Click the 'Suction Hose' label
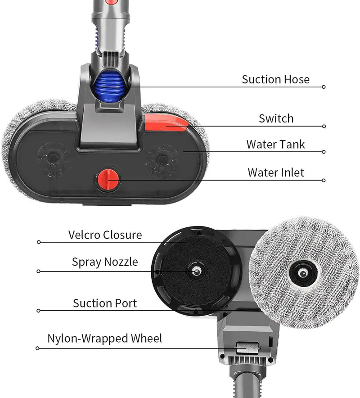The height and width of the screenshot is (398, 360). click(275, 80)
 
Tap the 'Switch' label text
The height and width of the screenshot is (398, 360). click(276, 119)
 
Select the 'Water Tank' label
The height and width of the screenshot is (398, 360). click(275, 145)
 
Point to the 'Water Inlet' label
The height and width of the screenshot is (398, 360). click(276, 172)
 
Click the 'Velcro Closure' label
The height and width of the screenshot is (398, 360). click(105, 235)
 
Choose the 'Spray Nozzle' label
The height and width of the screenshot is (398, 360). click(105, 262)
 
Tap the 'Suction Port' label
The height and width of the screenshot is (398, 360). click(105, 303)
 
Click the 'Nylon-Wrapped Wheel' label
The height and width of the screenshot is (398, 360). click(105, 339)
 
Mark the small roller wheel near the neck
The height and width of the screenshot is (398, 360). click(245, 348)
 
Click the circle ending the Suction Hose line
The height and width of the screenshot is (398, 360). click(324, 87)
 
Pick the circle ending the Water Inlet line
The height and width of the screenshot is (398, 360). click(324, 180)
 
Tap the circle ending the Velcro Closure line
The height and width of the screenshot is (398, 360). click(39, 242)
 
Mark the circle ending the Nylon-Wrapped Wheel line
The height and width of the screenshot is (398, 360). click(38, 348)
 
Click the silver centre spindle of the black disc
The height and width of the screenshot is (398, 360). click(197, 271)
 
